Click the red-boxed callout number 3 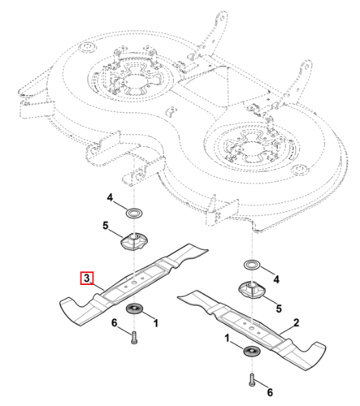point(86,278)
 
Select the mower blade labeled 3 point(133,284)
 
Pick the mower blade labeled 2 point(252,329)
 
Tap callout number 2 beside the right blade point(297,322)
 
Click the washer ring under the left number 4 point(134,213)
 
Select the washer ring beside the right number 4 point(252,265)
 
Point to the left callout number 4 point(110,197)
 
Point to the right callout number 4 point(276,279)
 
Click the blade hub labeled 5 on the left point(134,241)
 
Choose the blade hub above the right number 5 point(252,291)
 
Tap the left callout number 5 point(106,226)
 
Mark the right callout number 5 point(279,309)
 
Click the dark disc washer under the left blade point(135,309)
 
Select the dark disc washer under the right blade point(252,351)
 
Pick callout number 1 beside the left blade point(155,323)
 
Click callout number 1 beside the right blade point(227,338)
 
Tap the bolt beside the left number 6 point(134,338)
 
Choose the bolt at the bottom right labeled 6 point(252,380)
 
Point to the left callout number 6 point(115,322)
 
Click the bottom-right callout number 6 point(270,392)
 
